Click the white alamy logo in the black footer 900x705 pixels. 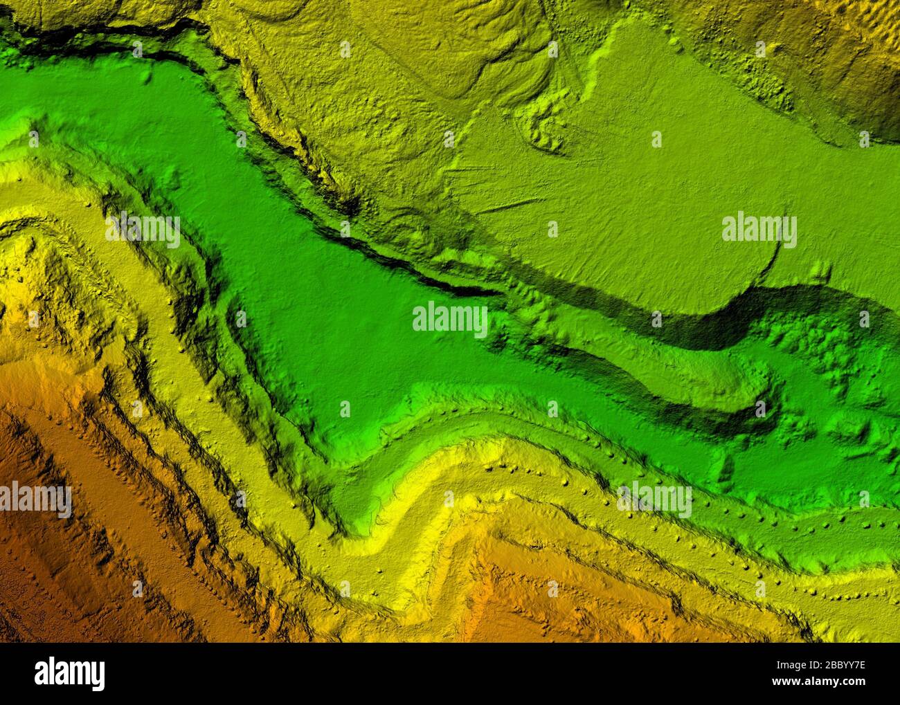point(70,672)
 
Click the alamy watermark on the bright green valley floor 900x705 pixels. point(449,319)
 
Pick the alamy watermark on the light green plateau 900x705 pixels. point(759,228)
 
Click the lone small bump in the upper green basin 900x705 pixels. point(145,75)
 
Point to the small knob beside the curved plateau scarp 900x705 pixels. point(820,270)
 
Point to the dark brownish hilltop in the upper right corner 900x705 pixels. point(879,104)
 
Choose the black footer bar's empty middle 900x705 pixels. point(450,675)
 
